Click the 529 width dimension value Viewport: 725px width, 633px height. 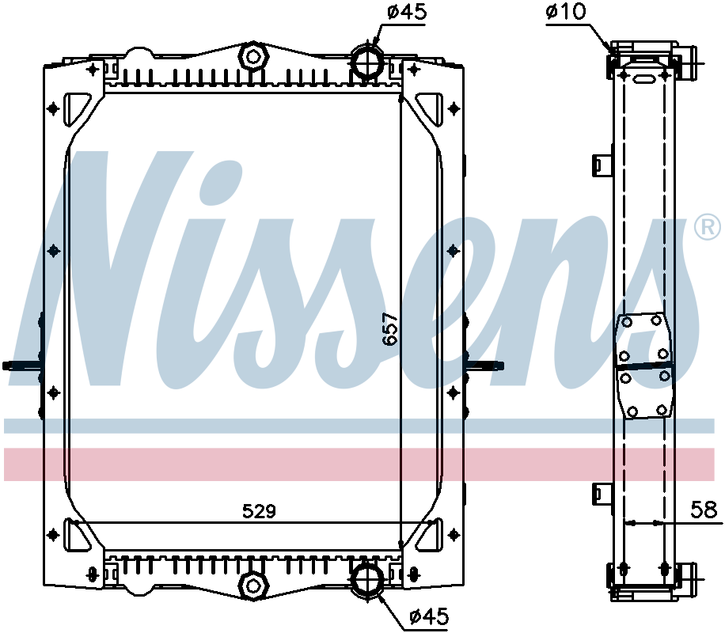click(259, 511)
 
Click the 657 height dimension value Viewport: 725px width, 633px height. click(389, 329)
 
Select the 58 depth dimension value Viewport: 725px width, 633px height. click(702, 510)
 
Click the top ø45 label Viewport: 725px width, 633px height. click(407, 12)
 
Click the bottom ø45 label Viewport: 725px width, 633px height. click(428, 616)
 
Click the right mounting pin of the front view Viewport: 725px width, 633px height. click(486, 366)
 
